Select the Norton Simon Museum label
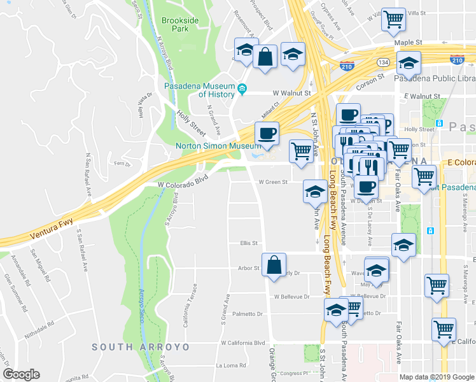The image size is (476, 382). click(x=218, y=145)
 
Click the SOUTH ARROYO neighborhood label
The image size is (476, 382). click(x=141, y=347)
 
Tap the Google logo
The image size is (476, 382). click(x=22, y=374)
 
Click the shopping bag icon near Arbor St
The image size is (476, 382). click(x=274, y=265)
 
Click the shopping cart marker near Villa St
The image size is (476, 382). click(x=394, y=20)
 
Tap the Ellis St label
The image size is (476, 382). click(x=248, y=243)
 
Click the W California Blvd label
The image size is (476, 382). click(x=242, y=343)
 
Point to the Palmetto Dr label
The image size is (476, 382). click(x=248, y=314)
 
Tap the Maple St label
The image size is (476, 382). click(x=409, y=43)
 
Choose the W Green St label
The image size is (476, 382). click(x=273, y=181)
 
